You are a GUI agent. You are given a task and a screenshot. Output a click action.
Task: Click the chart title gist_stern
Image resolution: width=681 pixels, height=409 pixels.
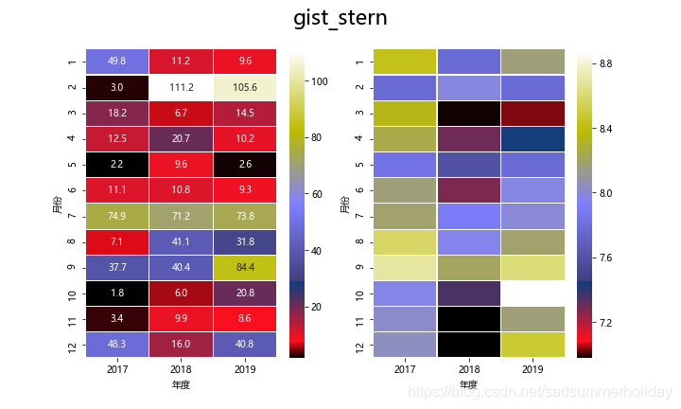tap(340, 18)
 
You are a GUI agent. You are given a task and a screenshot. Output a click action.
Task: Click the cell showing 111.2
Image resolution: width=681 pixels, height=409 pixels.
tap(181, 87)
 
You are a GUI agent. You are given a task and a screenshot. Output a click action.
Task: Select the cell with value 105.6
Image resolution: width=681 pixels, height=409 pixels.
tap(245, 87)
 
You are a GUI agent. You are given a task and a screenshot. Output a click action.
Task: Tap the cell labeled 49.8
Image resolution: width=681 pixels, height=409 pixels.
tap(117, 62)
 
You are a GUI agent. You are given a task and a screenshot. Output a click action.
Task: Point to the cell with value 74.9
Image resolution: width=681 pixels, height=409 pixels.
tap(117, 217)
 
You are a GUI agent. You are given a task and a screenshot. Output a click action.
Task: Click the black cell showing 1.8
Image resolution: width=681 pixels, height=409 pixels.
tap(117, 294)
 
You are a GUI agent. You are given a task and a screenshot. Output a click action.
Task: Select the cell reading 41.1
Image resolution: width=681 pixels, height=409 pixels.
tap(181, 242)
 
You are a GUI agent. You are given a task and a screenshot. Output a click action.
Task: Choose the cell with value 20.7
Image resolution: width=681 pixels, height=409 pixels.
tap(181, 139)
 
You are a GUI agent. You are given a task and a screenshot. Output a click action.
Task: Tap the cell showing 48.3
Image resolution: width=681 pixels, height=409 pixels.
tap(117, 346)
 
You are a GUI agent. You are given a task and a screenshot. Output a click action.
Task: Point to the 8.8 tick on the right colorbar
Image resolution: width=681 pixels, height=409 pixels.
tap(606, 63)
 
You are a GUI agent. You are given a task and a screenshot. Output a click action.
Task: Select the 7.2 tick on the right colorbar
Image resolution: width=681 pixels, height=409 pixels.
tap(606, 323)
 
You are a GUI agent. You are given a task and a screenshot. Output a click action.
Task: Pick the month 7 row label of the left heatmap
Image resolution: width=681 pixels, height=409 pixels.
tap(73, 217)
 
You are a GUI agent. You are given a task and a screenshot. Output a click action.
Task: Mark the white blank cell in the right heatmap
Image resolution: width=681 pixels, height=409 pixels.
tap(533, 294)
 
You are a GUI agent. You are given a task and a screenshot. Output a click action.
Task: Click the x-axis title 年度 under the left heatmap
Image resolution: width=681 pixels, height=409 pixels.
tap(181, 385)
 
